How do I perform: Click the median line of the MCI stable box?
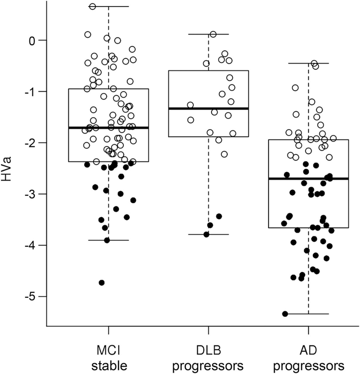108,128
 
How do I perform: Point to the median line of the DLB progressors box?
208,108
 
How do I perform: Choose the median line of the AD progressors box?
309,178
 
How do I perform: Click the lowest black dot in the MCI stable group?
102,283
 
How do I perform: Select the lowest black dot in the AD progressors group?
285,314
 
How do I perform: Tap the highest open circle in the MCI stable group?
93,6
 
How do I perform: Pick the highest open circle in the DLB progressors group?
213,34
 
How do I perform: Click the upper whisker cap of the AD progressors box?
309,63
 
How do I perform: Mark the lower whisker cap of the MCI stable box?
108,240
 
